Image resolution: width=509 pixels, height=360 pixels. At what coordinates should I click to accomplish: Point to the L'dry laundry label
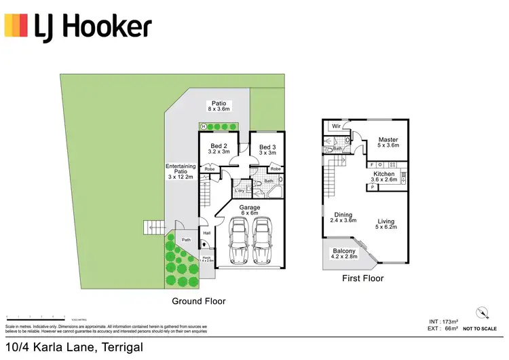[x=240, y=190]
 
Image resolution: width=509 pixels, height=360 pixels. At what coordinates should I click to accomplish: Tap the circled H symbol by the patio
[x=203, y=126]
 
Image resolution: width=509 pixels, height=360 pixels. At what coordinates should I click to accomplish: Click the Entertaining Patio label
[x=181, y=171]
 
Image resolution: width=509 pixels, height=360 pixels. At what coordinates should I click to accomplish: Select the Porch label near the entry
[x=206, y=259]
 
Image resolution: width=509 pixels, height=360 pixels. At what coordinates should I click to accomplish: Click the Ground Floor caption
[x=199, y=301]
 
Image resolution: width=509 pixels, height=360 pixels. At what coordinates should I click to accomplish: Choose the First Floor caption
[x=363, y=278]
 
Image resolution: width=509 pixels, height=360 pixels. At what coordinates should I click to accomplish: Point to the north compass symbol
[x=482, y=312]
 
